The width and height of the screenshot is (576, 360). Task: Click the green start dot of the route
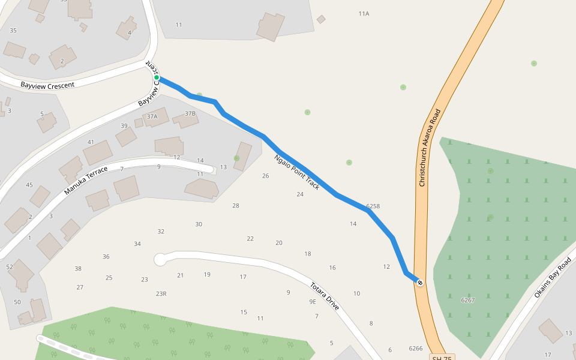coord(157,77)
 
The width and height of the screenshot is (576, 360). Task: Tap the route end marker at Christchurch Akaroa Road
coord(420,283)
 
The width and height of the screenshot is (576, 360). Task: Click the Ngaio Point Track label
coord(297,173)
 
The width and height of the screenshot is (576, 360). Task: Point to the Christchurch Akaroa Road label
coord(430,148)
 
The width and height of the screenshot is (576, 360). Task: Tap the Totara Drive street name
coord(325,296)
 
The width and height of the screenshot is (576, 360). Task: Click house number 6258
coord(373,206)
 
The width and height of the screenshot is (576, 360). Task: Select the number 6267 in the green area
coord(467,300)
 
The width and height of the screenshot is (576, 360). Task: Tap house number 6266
coord(415,348)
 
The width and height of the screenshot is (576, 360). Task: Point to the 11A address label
coord(364,13)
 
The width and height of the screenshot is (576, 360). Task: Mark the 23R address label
coord(161,293)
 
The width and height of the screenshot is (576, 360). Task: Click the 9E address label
coord(313,301)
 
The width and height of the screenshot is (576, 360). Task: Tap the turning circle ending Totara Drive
coord(160,259)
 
